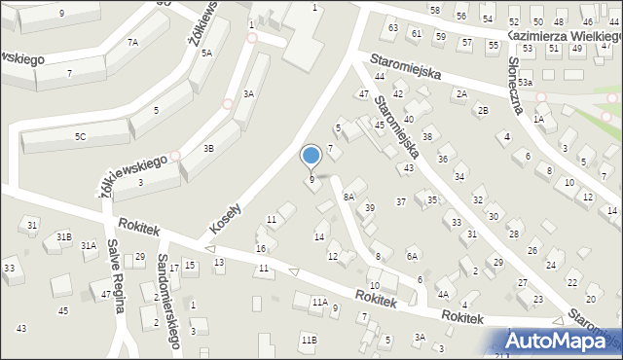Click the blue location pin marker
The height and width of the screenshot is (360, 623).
(x=311, y=156)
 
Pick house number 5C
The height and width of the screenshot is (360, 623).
(x=80, y=136)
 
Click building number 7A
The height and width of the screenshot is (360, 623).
(x=132, y=42)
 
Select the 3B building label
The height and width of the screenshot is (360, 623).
(x=208, y=149)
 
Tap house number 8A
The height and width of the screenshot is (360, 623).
(x=349, y=197)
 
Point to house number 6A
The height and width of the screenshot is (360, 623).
(x=412, y=256)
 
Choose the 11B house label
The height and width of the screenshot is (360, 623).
(x=309, y=339)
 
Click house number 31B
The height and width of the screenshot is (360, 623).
(x=63, y=236)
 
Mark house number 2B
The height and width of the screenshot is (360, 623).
(x=482, y=110)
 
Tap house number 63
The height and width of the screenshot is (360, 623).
(x=393, y=27)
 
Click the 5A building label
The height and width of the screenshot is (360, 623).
(x=206, y=53)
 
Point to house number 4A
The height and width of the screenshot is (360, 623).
(x=442, y=294)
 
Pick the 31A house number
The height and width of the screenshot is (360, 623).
(x=89, y=246)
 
